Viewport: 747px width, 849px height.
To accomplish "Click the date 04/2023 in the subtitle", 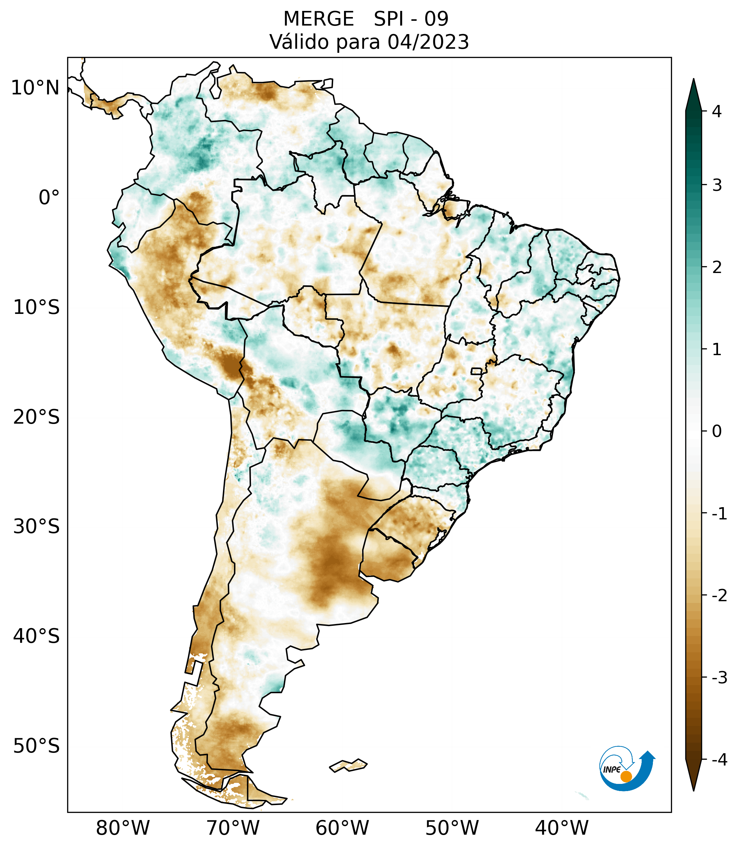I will click(x=428, y=42).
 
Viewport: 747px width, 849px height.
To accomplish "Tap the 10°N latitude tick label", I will click(x=35, y=88).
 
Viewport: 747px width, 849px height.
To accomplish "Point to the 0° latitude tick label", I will click(x=49, y=198).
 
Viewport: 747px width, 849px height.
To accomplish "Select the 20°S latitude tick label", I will click(x=36, y=417).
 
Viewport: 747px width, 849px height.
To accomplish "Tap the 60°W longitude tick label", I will click(x=342, y=828).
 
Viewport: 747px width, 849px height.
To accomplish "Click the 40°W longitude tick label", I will click(x=562, y=828).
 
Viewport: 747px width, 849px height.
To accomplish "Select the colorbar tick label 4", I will click(x=717, y=111).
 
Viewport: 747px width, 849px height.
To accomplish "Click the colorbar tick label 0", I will click(x=717, y=431).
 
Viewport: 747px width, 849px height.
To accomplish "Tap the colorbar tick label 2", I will click(x=717, y=268).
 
